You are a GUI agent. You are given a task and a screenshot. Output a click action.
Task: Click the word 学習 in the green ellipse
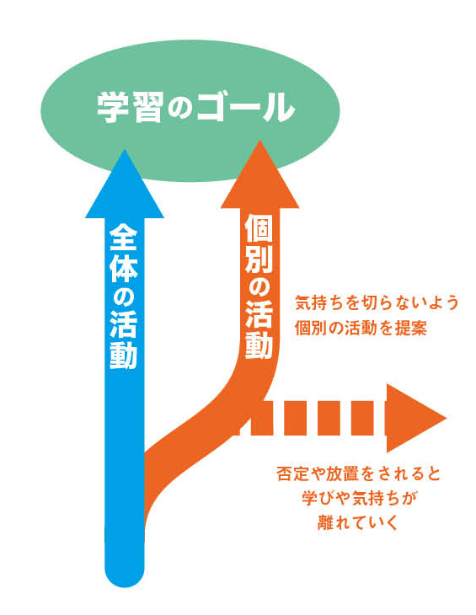pyautogui.click(x=130, y=108)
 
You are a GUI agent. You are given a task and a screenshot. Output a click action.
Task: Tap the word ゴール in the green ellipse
pyautogui.click(x=245, y=108)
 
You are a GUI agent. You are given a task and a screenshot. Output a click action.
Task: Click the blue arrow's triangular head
pyautogui.click(x=125, y=184)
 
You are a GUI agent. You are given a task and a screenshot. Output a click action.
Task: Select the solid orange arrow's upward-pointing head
pyautogui.click(x=259, y=174)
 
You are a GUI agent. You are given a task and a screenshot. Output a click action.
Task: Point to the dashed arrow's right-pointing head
pyautogui.click(x=416, y=418)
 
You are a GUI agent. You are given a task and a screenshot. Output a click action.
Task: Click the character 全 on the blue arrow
pyautogui.click(x=123, y=238)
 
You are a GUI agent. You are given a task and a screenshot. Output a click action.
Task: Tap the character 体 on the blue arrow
pyautogui.click(x=123, y=268)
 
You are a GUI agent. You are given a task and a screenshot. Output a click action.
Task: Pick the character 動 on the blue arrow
pyautogui.click(x=123, y=356)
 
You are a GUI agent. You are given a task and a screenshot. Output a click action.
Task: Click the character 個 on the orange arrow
pyautogui.click(x=259, y=229)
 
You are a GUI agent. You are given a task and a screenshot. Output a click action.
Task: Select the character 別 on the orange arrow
pyautogui.click(x=259, y=259)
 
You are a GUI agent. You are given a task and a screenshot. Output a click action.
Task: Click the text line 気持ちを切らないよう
pyautogui.click(x=377, y=302)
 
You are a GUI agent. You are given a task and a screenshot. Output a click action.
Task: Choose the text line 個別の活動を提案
pyautogui.click(x=361, y=328)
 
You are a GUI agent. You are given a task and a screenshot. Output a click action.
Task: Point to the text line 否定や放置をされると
pyautogui.click(x=359, y=473)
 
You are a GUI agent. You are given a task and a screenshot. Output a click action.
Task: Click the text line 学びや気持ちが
pyautogui.click(x=359, y=498)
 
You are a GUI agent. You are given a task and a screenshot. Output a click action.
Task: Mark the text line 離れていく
pyautogui.click(x=357, y=523)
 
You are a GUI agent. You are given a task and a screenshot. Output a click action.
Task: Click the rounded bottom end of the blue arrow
pyautogui.click(x=125, y=576)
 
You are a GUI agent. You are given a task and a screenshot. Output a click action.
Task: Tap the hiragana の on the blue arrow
pyautogui.click(x=123, y=298)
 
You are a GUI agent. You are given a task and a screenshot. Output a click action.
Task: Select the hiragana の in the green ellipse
pyautogui.click(x=179, y=108)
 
